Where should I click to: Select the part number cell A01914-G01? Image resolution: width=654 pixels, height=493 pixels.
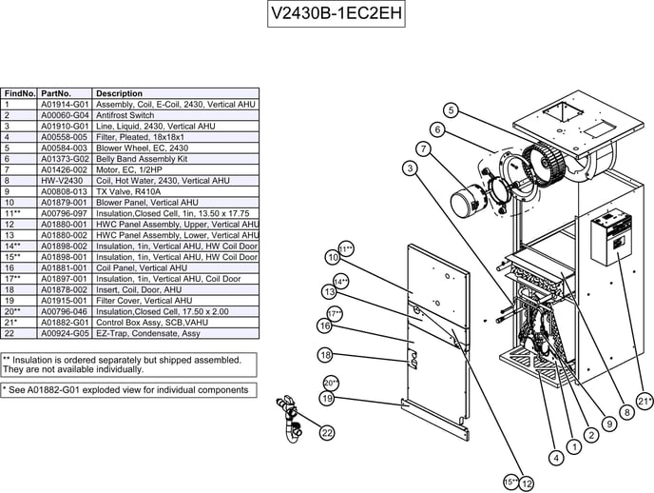pos(65,104)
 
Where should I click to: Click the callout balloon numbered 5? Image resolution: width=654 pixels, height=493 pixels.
pos(452,110)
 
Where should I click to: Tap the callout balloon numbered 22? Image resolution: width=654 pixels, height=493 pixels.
pos(327,433)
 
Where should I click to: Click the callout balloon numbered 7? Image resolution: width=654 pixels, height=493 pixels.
pos(423,148)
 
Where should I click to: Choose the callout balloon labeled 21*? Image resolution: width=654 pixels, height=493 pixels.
pos(645,402)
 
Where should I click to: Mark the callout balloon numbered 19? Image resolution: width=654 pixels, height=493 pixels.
pos(326,399)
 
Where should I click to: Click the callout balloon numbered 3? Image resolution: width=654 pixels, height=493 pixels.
pos(410,168)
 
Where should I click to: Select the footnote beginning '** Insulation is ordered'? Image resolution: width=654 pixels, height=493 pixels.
pos(128,365)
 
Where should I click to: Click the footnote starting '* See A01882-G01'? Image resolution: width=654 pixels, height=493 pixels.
pos(128,389)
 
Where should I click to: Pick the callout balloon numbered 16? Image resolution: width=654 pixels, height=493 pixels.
pos(324,326)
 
